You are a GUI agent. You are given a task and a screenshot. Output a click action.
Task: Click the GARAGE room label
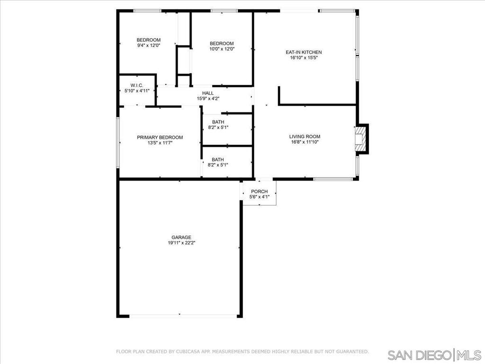click(x=181, y=237)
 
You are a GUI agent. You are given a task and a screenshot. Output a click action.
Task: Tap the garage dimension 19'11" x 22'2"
click(x=181, y=243)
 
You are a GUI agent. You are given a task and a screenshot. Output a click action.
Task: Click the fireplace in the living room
click(x=361, y=139)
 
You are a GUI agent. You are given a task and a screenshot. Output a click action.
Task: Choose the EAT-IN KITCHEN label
click(x=304, y=52)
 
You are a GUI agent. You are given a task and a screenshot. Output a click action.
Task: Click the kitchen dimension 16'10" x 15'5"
click(x=304, y=58)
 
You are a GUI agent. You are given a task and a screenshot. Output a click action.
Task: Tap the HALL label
click(x=208, y=93)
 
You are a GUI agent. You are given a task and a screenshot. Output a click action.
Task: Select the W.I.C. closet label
click(x=137, y=85)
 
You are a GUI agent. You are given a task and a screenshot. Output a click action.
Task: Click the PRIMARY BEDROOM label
click(x=160, y=137)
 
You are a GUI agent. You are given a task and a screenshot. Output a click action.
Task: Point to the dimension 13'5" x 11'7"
click(x=160, y=143)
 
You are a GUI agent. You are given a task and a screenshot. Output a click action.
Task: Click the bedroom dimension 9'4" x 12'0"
click(x=149, y=45)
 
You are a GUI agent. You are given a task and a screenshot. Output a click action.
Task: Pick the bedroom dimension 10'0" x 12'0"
click(x=222, y=49)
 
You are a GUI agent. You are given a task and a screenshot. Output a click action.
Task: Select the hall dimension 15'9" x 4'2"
click(x=208, y=99)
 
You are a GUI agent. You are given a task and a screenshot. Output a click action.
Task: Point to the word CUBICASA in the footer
click(x=187, y=352)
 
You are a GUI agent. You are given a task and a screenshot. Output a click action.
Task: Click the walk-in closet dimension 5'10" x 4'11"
click(x=137, y=91)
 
